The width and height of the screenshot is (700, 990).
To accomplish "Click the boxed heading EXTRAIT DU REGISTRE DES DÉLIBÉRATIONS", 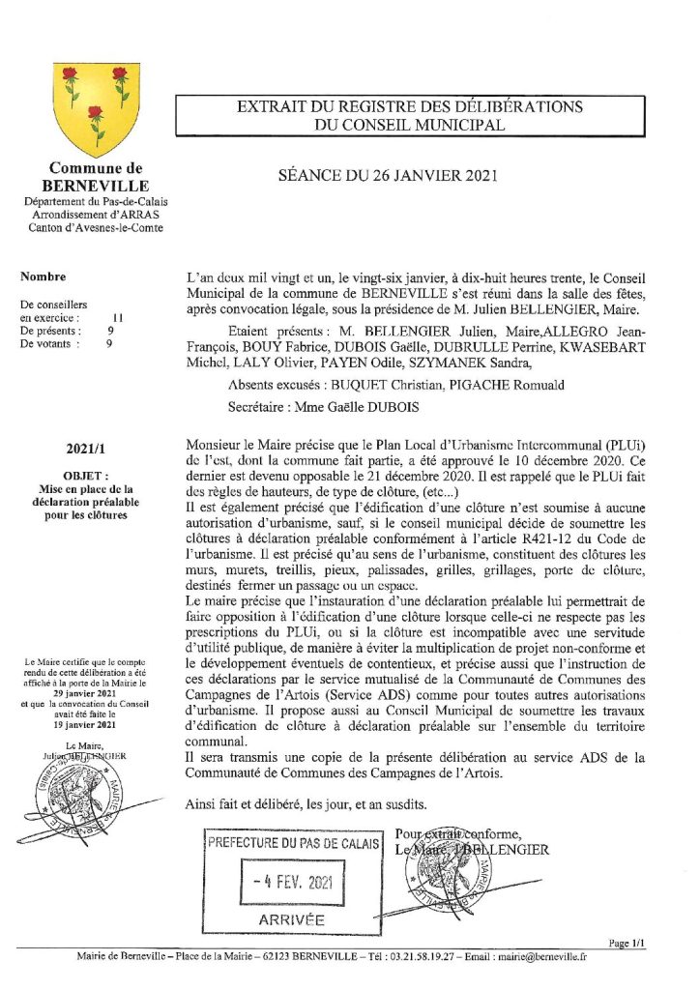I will tap(411, 106).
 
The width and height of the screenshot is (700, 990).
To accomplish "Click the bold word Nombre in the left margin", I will tap(43, 277).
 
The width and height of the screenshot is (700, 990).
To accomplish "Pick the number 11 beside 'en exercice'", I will tap(117, 316).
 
